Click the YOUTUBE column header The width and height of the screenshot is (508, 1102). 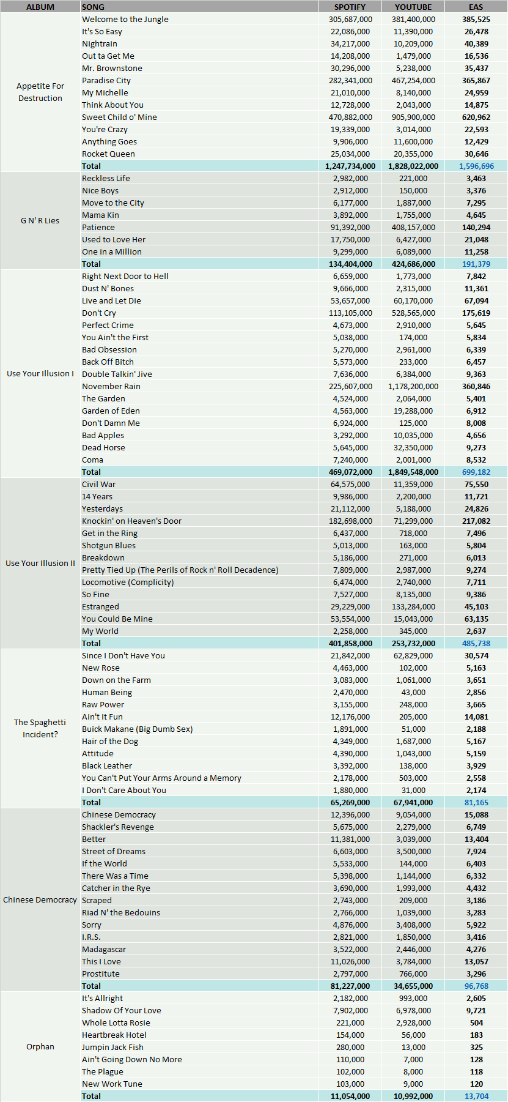pos(413,7)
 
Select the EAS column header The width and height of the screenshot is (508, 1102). pos(476,7)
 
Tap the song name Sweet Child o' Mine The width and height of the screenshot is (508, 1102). pos(119,117)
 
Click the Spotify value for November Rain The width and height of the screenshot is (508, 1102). pos(350,386)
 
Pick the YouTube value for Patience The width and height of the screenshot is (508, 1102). pos(413,227)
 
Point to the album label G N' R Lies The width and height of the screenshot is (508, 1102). pos(40,221)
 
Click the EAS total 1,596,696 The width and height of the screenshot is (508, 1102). pos(476,166)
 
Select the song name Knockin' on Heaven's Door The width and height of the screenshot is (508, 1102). pos(132,521)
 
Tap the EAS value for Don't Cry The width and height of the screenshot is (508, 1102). pos(476,313)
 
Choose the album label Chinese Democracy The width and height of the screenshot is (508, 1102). pos(40,900)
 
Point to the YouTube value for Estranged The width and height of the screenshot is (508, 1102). pos(413,606)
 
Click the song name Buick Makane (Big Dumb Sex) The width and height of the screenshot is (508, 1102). pos(138,729)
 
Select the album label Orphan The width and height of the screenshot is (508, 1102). pos(40,1047)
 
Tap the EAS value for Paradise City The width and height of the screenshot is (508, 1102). pos(476,80)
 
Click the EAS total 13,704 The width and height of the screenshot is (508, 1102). pos(476,1096)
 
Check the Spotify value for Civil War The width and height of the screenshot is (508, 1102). pos(350,484)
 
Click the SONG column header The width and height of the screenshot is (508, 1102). pos(93,7)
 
